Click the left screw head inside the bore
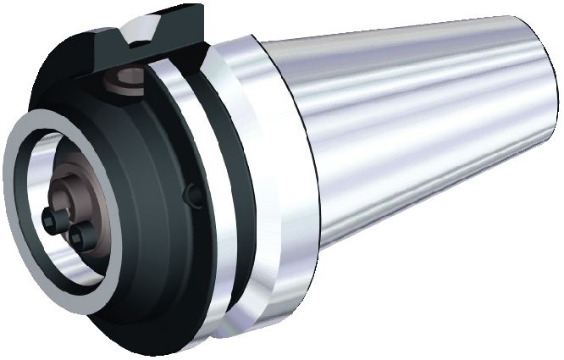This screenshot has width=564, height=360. [x=53, y=219]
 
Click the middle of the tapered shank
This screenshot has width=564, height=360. [x=406, y=136]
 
